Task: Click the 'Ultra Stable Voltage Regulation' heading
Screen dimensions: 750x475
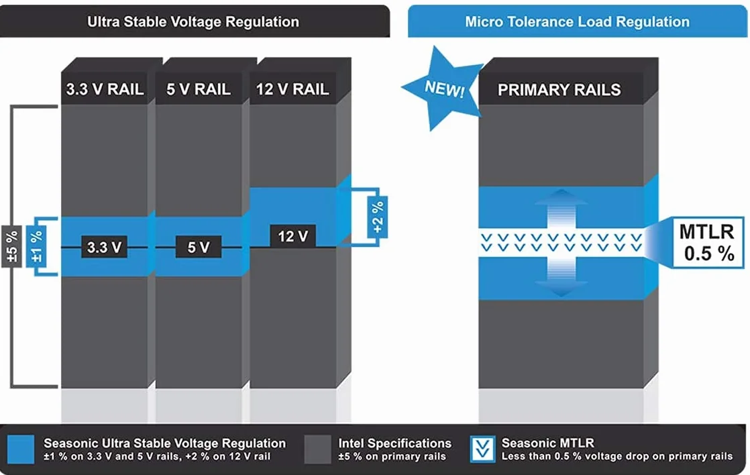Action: coord(193,22)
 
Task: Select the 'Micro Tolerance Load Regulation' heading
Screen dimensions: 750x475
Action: coord(578,21)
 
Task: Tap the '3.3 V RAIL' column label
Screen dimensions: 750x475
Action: coord(105,89)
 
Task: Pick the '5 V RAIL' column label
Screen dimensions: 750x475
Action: coord(199,89)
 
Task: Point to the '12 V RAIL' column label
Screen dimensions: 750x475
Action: coord(292,89)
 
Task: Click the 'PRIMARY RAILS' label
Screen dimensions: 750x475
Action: coord(559,89)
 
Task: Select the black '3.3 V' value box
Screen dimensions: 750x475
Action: coord(104,248)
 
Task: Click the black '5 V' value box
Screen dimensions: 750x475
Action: coord(198,248)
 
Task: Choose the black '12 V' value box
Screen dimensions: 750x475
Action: coord(292,236)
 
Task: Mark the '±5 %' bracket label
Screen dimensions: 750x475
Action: coord(11,247)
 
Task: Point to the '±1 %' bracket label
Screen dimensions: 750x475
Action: coord(36,246)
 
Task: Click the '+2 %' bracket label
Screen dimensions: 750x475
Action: coord(378,217)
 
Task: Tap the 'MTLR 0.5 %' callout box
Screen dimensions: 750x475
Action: coord(708,242)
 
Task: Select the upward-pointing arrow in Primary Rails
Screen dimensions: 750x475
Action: coord(561,207)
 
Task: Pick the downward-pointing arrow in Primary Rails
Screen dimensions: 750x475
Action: coord(561,278)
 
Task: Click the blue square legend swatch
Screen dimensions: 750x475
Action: coord(21,449)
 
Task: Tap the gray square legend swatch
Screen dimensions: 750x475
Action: coord(317,449)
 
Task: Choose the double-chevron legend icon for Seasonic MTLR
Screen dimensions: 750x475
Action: coord(482,449)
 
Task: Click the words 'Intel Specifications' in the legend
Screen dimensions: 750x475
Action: coord(394,443)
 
